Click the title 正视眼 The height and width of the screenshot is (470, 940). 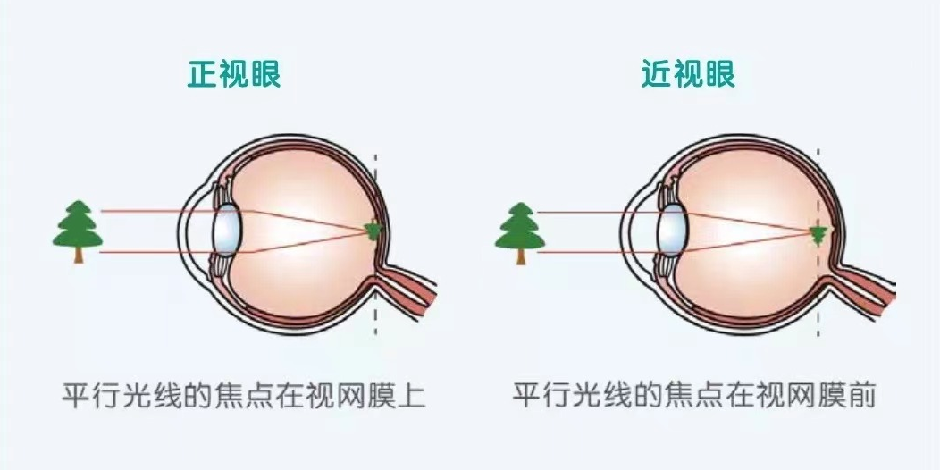pyautogui.click(x=233, y=74)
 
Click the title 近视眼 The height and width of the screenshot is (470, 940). pyautogui.click(x=688, y=74)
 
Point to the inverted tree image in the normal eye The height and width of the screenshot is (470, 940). pyautogui.click(x=373, y=231)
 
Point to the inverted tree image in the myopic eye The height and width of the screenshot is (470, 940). pyautogui.click(x=816, y=235)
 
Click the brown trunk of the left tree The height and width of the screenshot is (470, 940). pyautogui.click(x=78, y=256)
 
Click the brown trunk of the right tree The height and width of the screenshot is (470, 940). pyautogui.click(x=520, y=256)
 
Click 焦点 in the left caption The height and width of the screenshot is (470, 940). pyautogui.click(x=259, y=395)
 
